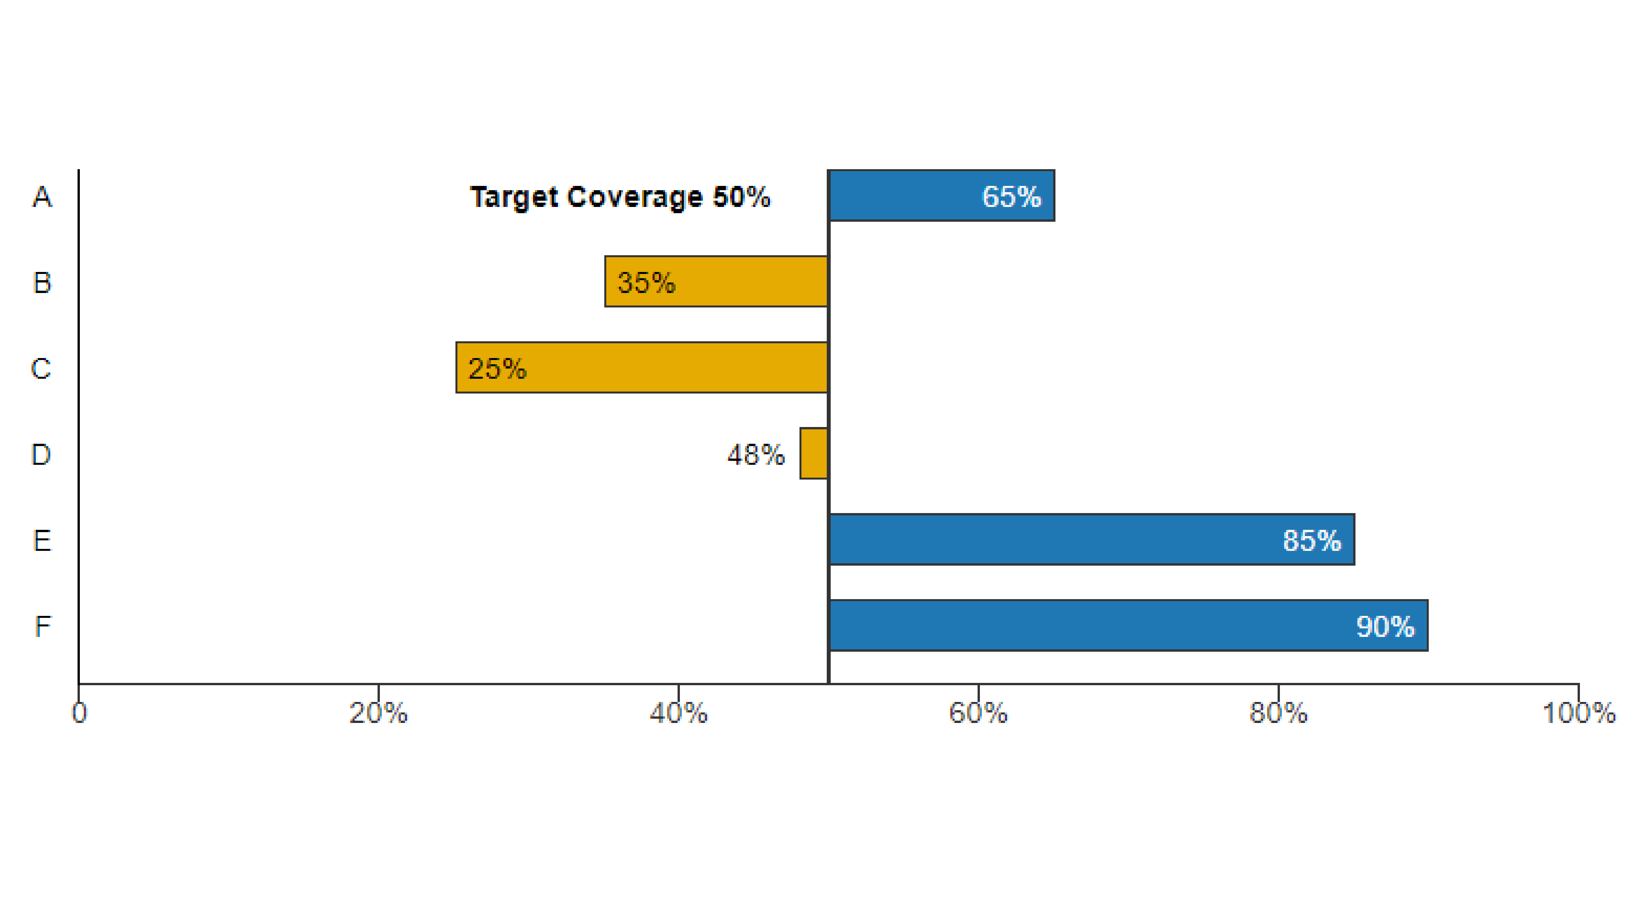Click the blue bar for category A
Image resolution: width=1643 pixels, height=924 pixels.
coord(906,196)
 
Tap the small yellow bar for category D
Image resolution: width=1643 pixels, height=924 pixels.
coord(814,453)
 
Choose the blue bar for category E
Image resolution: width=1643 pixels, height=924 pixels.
coord(1053,539)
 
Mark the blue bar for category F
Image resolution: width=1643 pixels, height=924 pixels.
coord(1084,625)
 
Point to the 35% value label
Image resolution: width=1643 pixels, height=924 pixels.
coord(646,282)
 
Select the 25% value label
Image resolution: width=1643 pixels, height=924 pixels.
coord(498,369)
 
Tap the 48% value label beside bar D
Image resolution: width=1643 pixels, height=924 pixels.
coord(756,455)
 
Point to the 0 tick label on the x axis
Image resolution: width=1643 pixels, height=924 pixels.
coord(79,713)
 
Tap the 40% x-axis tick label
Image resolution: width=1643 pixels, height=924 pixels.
coord(679,713)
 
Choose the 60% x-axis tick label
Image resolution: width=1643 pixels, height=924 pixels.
coord(978,713)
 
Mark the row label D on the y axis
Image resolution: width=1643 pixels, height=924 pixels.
coord(41,455)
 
